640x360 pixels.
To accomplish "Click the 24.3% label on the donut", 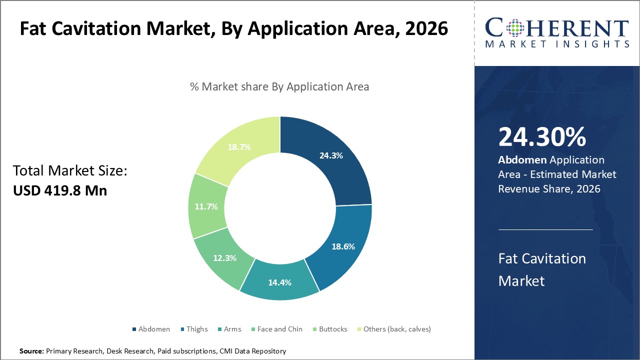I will click(331, 155).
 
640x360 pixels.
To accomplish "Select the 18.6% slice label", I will click(343, 246).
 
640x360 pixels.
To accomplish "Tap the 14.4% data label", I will click(280, 282).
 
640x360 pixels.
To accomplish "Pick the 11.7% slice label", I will click(205, 206).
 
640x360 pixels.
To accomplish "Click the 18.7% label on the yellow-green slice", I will click(239, 147).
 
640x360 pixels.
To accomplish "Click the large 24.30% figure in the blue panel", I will click(542, 137).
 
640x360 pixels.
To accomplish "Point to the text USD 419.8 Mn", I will click(60, 190).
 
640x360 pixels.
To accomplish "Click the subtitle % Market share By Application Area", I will click(279, 86).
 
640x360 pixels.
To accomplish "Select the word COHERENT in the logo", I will click(557, 27).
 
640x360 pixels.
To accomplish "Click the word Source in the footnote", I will click(31, 351).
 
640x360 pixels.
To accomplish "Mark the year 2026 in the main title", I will click(420, 28).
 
